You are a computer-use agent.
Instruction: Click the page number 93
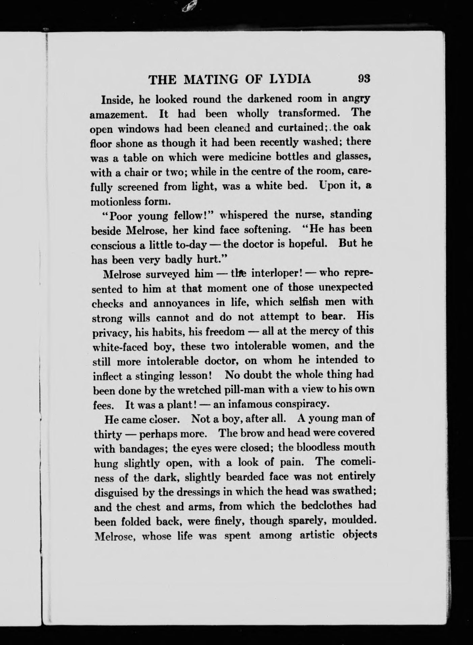point(364,79)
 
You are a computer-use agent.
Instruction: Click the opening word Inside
point(114,100)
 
